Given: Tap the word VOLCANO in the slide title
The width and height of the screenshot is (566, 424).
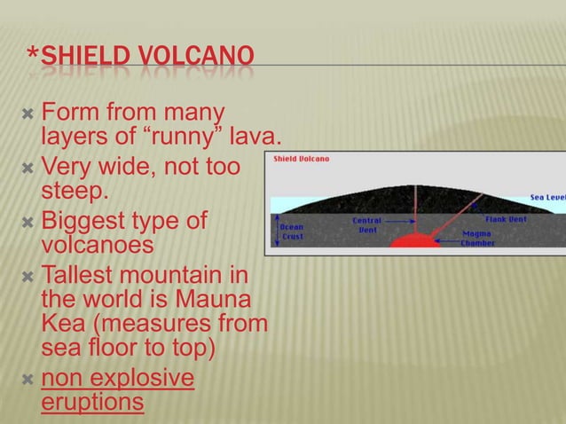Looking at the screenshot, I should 196,61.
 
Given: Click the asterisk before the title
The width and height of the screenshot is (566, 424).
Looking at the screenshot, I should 33,60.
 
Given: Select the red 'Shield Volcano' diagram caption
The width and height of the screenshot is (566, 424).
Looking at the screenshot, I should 301,159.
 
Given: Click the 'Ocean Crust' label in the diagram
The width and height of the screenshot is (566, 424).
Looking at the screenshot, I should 292,232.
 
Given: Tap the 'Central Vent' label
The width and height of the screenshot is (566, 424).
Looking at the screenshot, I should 367,224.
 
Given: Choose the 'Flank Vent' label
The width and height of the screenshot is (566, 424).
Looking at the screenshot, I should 508,218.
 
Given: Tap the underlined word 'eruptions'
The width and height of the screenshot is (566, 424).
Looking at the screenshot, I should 92,402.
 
